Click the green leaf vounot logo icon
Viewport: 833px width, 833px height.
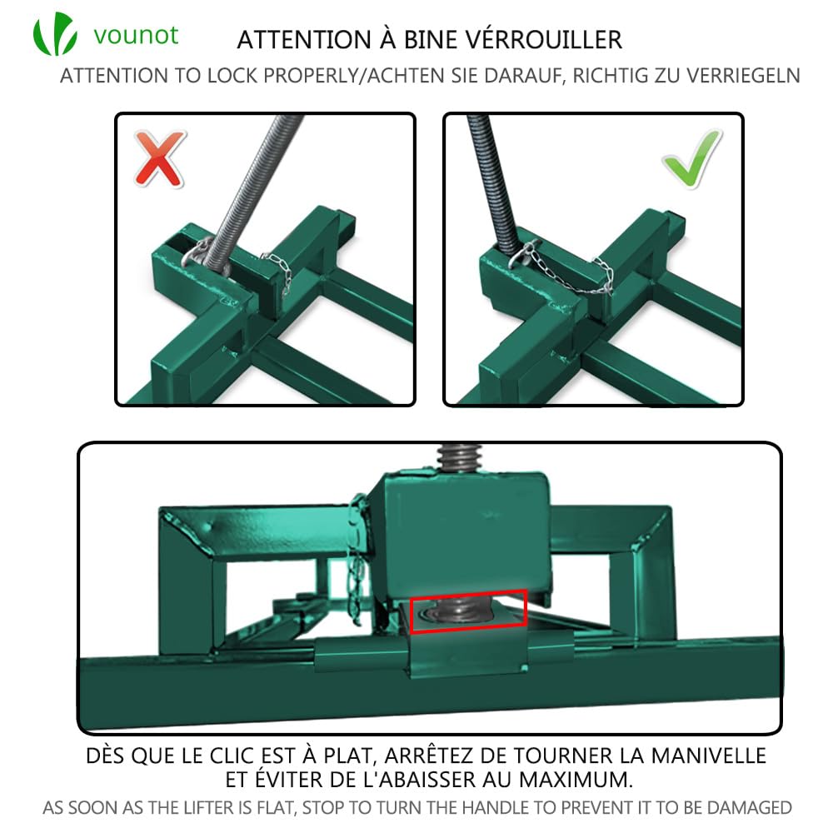(x=55, y=34)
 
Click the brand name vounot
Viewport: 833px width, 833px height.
(x=136, y=36)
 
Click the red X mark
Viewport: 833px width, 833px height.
(x=159, y=160)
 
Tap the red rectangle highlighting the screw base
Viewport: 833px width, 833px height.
(x=468, y=611)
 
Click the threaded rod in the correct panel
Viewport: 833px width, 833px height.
(x=491, y=183)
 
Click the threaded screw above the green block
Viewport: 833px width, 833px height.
(x=453, y=459)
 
